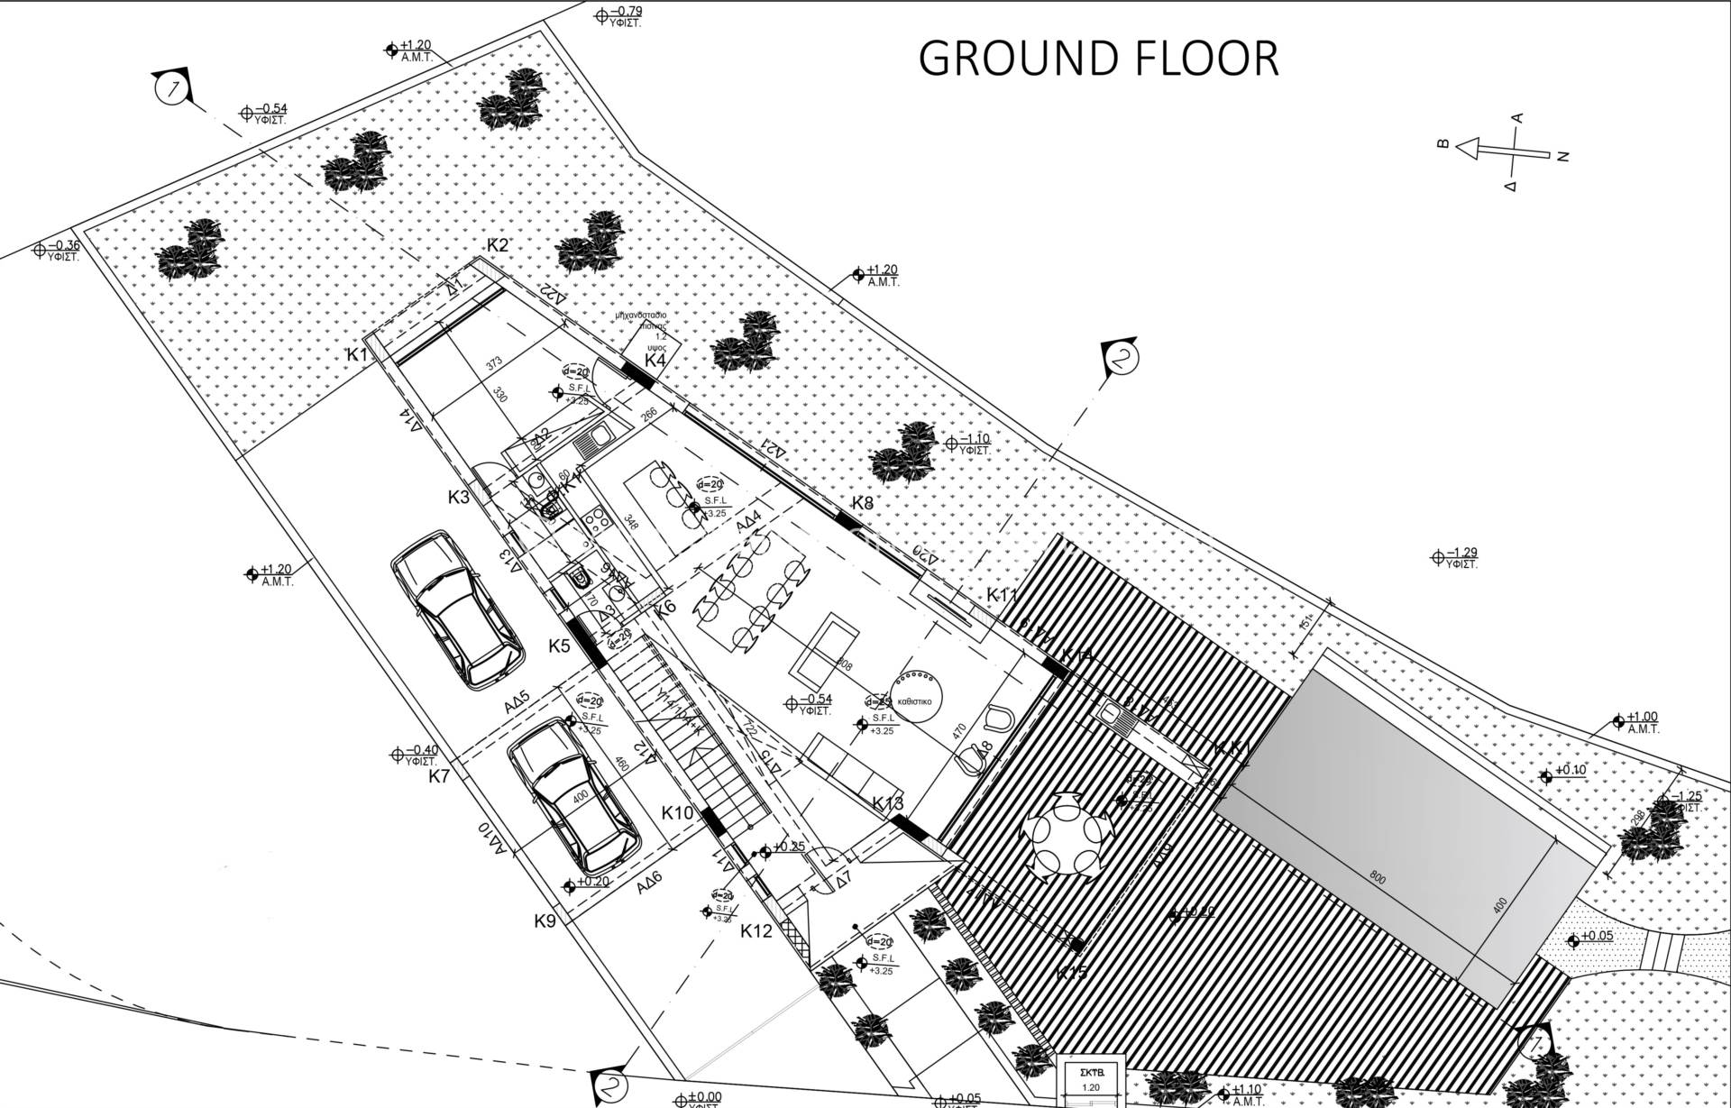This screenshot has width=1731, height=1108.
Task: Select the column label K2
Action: point(498,245)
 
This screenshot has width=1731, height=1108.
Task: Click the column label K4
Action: point(655,360)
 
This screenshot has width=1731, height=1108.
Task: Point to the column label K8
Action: point(863,503)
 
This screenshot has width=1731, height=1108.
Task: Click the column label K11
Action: point(1002,595)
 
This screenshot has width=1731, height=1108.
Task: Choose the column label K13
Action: point(887,803)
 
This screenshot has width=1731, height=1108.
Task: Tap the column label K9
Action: point(545,920)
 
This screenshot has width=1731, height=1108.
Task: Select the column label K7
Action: point(439,775)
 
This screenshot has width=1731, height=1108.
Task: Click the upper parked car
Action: point(457,609)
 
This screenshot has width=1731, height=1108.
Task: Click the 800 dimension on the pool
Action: point(1378,878)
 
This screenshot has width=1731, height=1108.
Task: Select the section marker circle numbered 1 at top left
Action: point(169,89)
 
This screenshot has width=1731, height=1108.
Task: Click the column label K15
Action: point(1072,973)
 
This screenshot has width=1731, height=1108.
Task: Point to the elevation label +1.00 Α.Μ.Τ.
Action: point(1643,721)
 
